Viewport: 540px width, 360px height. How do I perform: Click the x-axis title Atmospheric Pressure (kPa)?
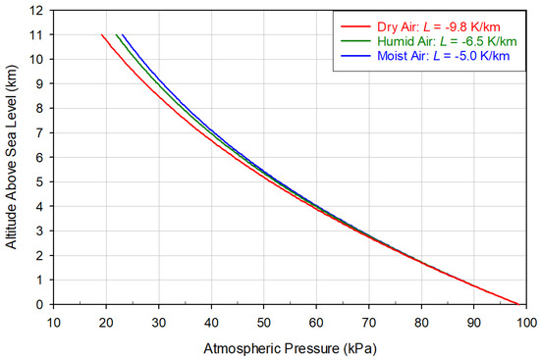pos(291,347)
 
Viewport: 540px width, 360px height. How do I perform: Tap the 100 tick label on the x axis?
pos(525,321)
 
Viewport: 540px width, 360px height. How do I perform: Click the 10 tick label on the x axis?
pos(54,321)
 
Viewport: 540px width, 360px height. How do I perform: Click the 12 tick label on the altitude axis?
pos(37,11)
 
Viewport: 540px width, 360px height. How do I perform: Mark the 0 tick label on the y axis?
pos(40,305)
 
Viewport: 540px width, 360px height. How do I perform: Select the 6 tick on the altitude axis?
pos(40,158)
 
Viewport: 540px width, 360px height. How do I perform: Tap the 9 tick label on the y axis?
pos(40,84)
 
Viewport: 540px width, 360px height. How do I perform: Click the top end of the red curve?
pos(102,35)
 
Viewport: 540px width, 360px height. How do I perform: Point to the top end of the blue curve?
pos(122,35)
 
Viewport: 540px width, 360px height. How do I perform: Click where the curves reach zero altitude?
pos(516,304)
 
